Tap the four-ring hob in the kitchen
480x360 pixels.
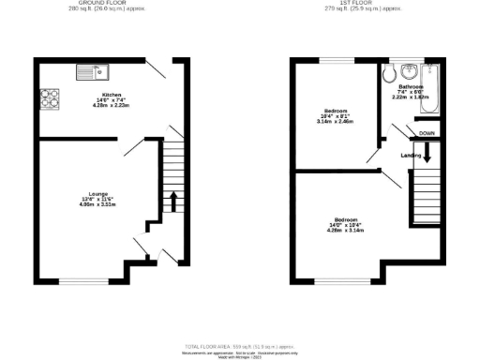[48, 97]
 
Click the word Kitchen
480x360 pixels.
[112, 96]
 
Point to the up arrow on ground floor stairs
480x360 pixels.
[172, 199]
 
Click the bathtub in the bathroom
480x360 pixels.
[430, 89]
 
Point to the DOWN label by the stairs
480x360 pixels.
[427, 134]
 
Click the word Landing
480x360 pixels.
[410, 155]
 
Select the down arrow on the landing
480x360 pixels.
[427, 155]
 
